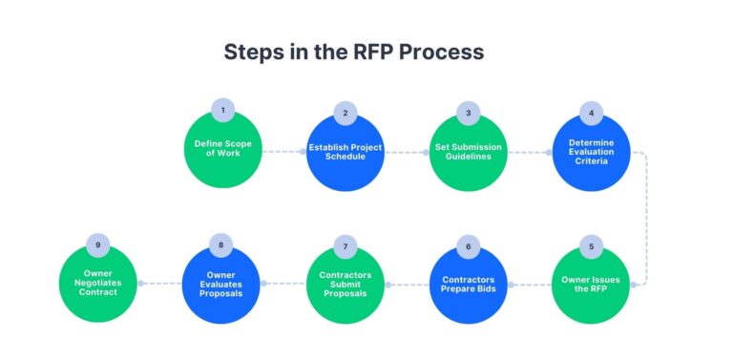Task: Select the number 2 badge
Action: pos(346,113)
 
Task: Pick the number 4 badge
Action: pos(591,113)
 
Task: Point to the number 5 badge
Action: pos(591,246)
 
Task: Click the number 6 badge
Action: pos(468,246)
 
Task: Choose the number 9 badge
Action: pos(98,245)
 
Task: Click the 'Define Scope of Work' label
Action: pos(222,150)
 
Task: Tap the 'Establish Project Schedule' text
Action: pos(346,151)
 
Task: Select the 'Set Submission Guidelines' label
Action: pos(468,151)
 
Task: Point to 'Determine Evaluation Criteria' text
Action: pos(591,151)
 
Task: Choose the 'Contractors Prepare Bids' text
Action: pos(468,284)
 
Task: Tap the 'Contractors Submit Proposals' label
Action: pos(346,284)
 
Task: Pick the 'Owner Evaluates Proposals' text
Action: pos(222,284)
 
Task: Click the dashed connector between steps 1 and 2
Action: pos(283,151)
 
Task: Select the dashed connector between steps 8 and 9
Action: pos(160,284)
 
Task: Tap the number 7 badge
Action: pos(346,246)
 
